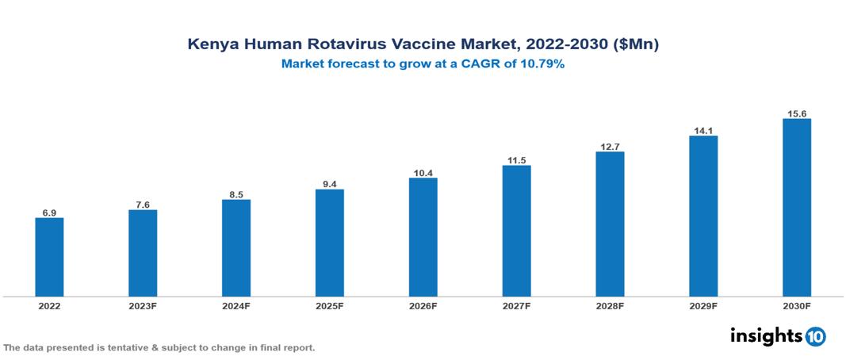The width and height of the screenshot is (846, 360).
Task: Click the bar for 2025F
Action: (329, 243)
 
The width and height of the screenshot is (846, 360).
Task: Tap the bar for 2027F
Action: (516, 231)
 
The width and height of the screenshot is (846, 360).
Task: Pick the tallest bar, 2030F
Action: (796, 208)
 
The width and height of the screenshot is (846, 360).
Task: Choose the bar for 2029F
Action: (703, 216)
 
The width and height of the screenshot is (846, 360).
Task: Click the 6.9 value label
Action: (49, 212)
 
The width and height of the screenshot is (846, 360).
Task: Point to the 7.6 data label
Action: (143, 204)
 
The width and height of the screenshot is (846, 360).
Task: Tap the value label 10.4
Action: (423, 172)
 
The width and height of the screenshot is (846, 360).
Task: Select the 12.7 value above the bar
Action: (610, 146)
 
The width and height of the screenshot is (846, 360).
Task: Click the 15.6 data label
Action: (796, 113)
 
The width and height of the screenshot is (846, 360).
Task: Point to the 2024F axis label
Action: (236, 305)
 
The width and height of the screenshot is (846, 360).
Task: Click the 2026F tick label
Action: (423, 305)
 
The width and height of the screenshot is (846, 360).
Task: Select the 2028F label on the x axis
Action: (610, 305)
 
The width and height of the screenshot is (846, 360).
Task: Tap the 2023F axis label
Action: (143, 305)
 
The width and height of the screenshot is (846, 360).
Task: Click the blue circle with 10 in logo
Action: (816, 337)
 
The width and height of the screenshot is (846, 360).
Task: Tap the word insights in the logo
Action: (766, 335)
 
